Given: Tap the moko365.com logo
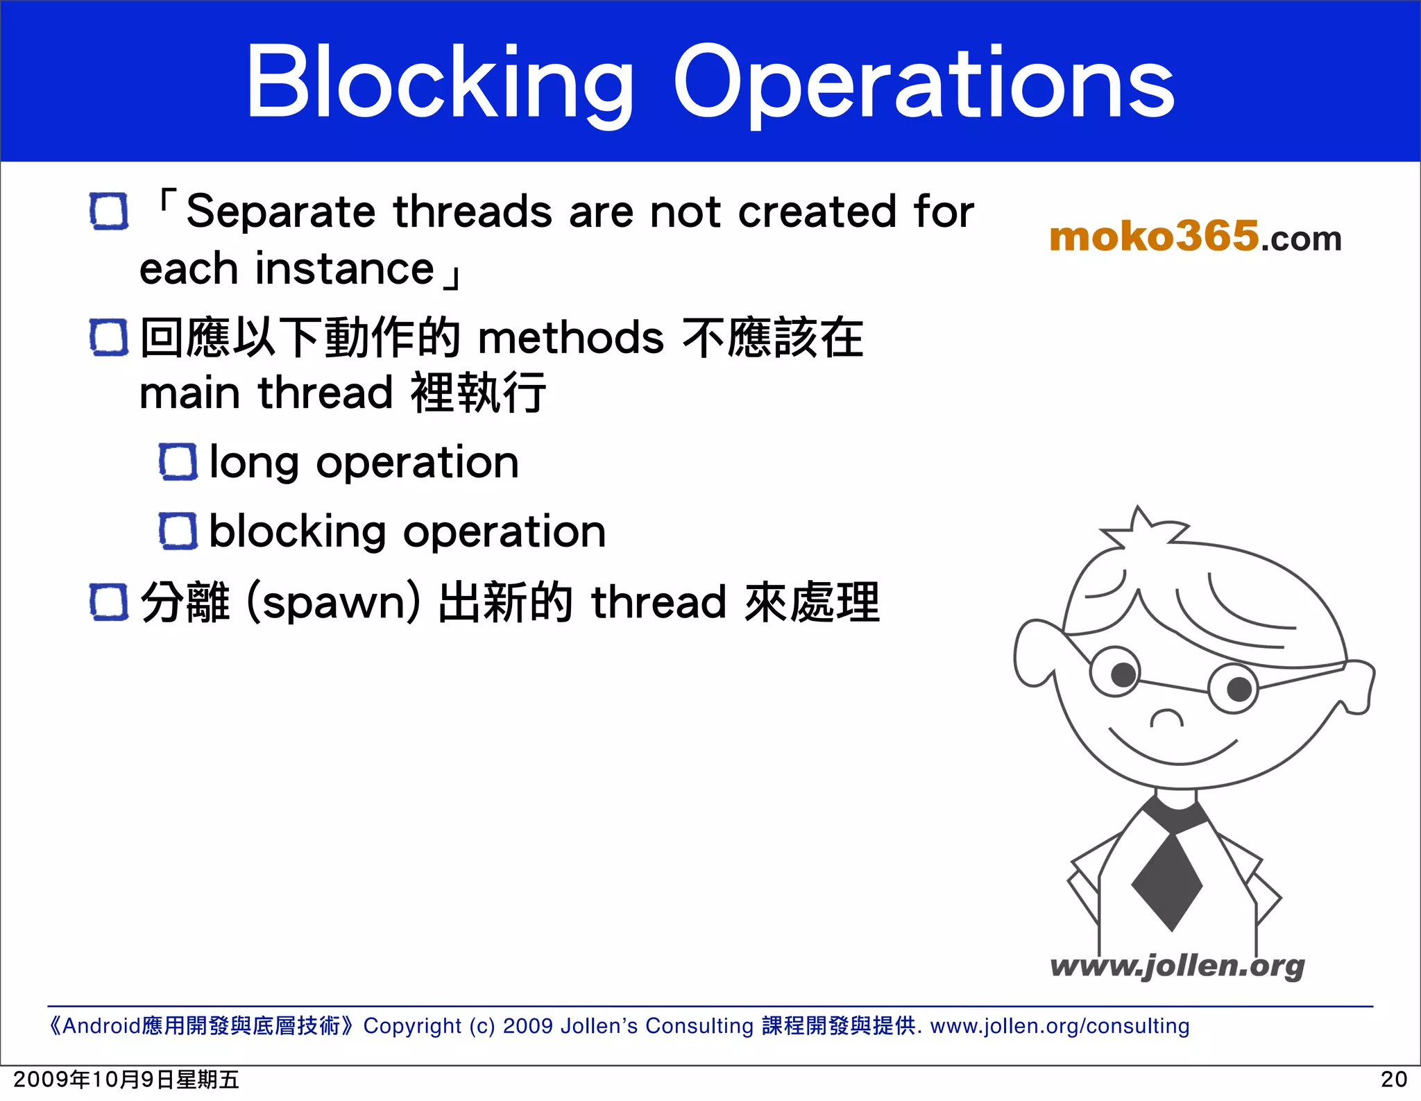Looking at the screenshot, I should [1195, 237].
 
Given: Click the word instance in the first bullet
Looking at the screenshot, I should [344, 269].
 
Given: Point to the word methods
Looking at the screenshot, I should [571, 339].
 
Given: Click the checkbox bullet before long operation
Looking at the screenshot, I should [178, 462].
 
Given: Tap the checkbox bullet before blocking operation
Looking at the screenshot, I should [178, 531].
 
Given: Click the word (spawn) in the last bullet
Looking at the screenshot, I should [333, 602].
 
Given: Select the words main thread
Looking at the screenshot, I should [267, 393].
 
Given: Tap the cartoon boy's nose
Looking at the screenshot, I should [1167, 718].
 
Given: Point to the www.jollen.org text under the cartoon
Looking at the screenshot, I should [1177, 966].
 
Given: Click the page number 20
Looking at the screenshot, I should [1393, 1079].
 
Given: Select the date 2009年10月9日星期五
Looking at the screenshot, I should [126, 1079].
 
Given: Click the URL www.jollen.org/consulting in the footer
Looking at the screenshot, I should [1060, 1025].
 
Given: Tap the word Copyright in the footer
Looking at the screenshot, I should [412, 1025].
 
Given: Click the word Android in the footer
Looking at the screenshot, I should [102, 1025].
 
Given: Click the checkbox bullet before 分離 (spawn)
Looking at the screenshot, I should [109, 602].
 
